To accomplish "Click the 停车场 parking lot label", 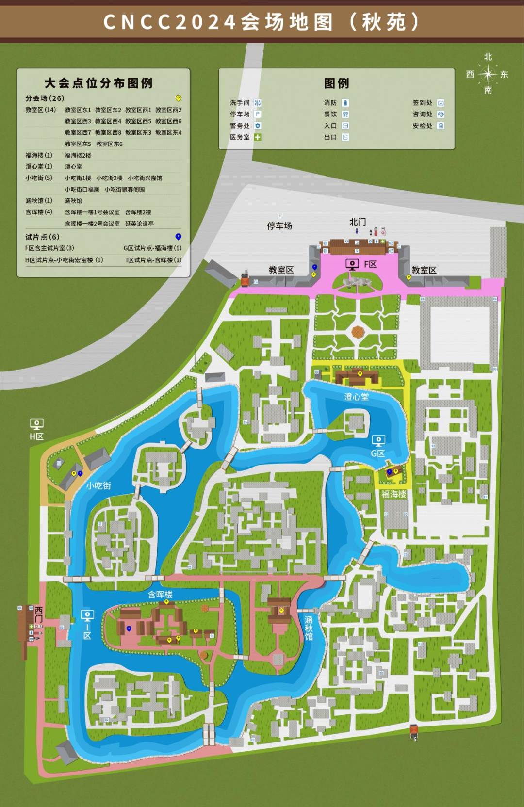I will point(279,226).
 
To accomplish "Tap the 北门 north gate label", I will point(358,222).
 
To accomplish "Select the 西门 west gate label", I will point(39,614).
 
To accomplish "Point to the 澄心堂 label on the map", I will point(357,397).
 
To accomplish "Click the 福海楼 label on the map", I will point(393,494).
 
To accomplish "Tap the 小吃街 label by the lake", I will point(99,485).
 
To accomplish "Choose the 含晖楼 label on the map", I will point(160,595).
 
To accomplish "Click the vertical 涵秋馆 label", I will point(309,628).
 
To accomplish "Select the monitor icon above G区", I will point(378,441).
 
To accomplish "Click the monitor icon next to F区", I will point(352,264).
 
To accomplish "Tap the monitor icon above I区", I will point(87,616).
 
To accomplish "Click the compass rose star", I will point(488,74).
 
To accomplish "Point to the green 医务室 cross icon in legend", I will point(258,137).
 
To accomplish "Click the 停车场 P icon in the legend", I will point(258,114).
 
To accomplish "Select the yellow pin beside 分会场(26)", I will point(178,98).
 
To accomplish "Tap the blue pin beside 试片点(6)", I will point(178,237).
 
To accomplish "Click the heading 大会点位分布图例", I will point(98,83).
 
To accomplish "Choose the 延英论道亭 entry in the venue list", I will point(139,224).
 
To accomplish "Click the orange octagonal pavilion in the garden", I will point(358,332).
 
